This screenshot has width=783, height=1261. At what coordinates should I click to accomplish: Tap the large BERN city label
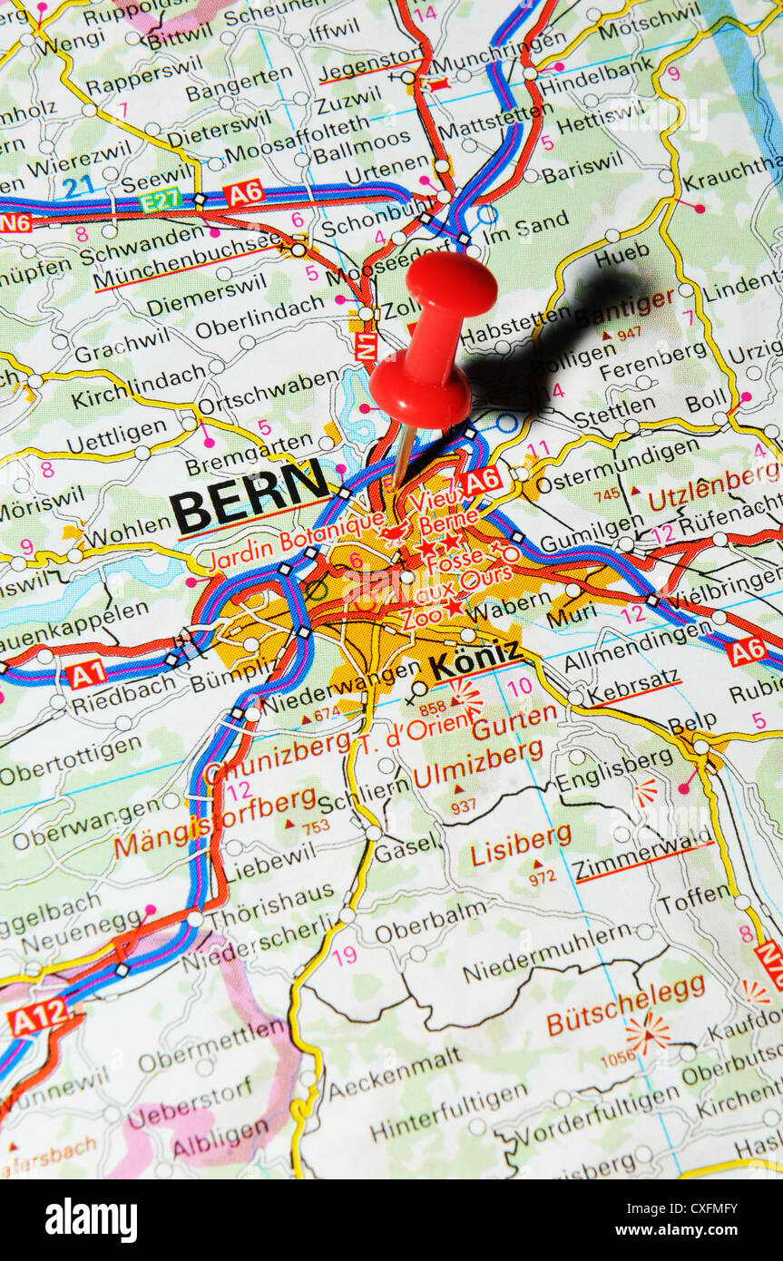pyautogui.click(x=249, y=495)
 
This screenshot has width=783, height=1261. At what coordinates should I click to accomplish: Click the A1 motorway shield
pyautogui.click(x=85, y=673)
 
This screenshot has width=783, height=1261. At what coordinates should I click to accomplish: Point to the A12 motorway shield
pyautogui.click(x=38, y=1017)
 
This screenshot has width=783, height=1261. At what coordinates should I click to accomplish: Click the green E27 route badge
pyautogui.click(x=161, y=199)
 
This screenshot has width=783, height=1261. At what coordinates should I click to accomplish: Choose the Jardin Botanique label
pyautogui.click(x=296, y=541)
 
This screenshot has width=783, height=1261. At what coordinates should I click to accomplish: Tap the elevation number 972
pyautogui.click(x=542, y=877)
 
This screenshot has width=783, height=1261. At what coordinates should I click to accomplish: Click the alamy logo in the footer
pyautogui.click(x=91, y=1219)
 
